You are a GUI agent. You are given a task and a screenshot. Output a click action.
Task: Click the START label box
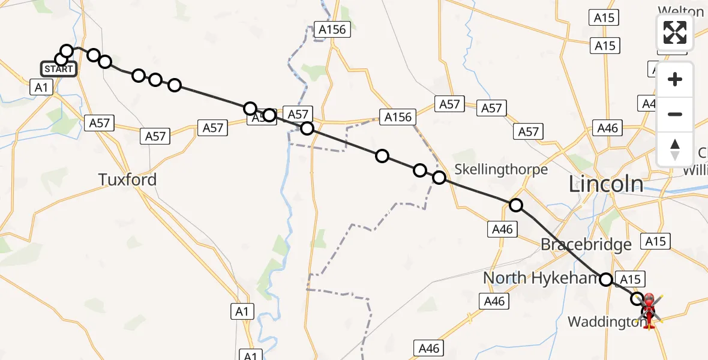pyautogui.click(x=59, y=69)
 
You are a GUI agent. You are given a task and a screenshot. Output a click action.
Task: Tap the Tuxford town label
pyautogui.click(x=127, y=179)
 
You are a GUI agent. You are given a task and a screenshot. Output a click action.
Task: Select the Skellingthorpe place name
pyautogui.click(x=502, y=169)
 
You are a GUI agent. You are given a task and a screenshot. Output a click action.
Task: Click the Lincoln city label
pyautogui.click(x=606, y=184)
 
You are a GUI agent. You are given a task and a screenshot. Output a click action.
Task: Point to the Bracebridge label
pyautogui.click(x=586, y=244)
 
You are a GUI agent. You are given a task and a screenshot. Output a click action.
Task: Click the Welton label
pyautogui.click(x=680, y=11)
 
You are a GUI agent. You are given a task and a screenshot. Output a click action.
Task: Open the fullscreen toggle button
pyautogui.click(x=675, y=32)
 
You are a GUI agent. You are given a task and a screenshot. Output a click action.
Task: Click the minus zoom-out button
pyautogui.click(x=675, y=114)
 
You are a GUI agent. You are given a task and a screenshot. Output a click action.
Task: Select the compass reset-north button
pyautogui.click(x=675, y=149)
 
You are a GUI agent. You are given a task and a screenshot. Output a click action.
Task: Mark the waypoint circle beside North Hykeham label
pyautogui.click(x=606, y=279)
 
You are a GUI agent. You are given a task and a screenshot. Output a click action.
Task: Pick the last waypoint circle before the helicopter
pyautogui.click(x=637, y=298)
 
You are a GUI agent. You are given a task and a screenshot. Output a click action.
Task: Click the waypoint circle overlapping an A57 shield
pyautogui.click(x=269, y=115)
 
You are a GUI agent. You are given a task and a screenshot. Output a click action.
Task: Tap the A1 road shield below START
pyautogui.click(x=41, y=88)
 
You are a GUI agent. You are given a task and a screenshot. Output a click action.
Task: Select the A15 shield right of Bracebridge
pyautogui.click(x=655, y=241)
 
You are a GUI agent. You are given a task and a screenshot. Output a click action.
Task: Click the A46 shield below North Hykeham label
pyautogui.click(x=494, y=301)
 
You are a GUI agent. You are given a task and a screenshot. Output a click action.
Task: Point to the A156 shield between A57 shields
pyautogui.click(x=398, y=116)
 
